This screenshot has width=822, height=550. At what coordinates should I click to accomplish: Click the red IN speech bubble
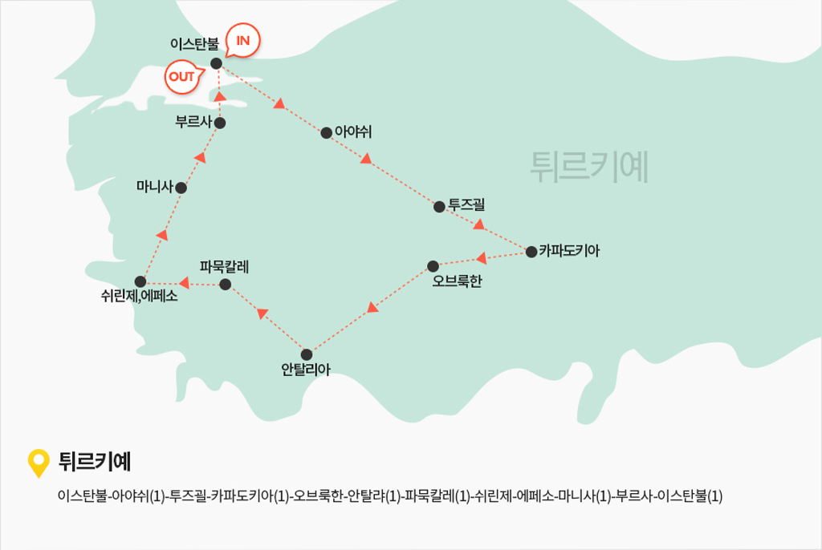242,40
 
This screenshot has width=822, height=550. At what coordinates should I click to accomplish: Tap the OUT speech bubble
182,77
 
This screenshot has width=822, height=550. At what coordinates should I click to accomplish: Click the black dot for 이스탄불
216,63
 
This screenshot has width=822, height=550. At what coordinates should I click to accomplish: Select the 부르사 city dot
220,123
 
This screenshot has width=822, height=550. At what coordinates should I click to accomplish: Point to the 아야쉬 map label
353,131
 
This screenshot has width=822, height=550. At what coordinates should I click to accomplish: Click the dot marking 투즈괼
439,207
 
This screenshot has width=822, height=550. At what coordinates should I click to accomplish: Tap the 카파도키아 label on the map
569,251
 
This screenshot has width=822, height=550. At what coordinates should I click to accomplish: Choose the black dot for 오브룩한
433,266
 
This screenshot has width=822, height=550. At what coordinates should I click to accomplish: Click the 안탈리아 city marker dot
307,354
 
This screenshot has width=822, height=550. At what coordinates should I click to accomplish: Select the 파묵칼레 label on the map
224,267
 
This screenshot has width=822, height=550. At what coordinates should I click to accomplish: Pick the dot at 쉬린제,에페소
140,281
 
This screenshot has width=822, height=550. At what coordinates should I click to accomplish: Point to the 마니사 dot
181,188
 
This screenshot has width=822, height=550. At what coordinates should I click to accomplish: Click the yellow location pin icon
39,462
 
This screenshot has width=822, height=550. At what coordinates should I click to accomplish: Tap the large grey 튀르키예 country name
589,167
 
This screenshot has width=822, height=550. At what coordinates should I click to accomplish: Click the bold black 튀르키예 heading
95,462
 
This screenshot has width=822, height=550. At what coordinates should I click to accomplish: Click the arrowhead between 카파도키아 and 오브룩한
482,257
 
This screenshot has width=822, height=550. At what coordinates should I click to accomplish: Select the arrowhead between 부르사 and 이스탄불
220,96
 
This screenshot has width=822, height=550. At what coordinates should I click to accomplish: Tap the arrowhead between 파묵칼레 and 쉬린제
184,283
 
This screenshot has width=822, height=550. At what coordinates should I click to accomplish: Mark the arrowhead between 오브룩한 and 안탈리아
372,307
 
